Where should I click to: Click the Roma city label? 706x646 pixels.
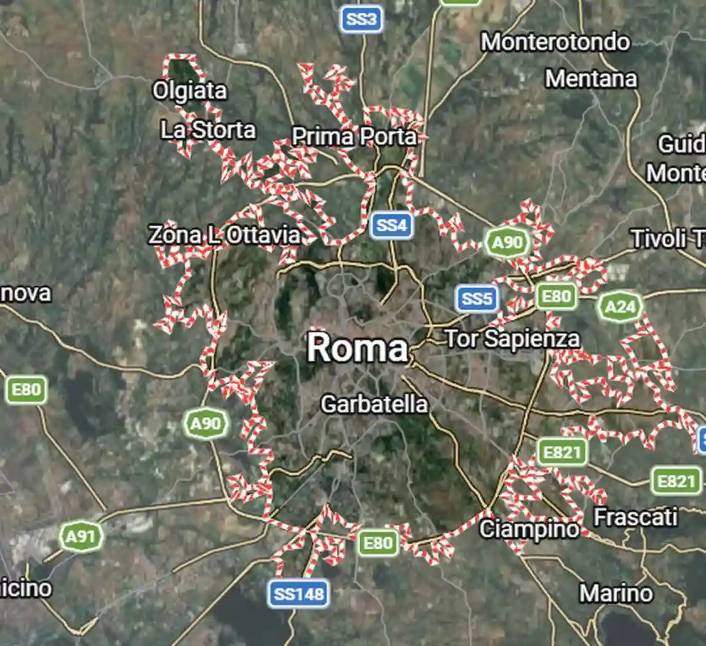click(357, 348)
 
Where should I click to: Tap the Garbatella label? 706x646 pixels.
click(374, 404)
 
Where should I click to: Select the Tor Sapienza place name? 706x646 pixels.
click(512, 338)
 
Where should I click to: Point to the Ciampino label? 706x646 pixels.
click(529, 529)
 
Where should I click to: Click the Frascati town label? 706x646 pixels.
click(635, 517)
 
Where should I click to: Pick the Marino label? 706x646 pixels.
click(616, 594)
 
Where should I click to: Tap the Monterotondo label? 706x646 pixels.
click(555, 42)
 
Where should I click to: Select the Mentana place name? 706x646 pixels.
click(591, 79)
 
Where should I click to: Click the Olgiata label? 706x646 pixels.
click(189, 91)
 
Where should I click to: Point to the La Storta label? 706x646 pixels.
click(208, 130)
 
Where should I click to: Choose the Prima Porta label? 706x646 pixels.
click(354, 137)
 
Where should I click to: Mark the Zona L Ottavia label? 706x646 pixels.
click(225, 235)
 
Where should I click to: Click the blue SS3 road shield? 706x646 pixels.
click(362, 20)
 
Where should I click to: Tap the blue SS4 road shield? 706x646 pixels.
click(392, 225)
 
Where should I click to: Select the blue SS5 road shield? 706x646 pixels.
click(477, 299)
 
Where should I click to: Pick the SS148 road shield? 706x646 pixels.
click(298, 594)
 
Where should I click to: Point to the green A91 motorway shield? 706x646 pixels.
click(81, 537)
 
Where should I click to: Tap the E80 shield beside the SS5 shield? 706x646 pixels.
click(556, 297)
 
